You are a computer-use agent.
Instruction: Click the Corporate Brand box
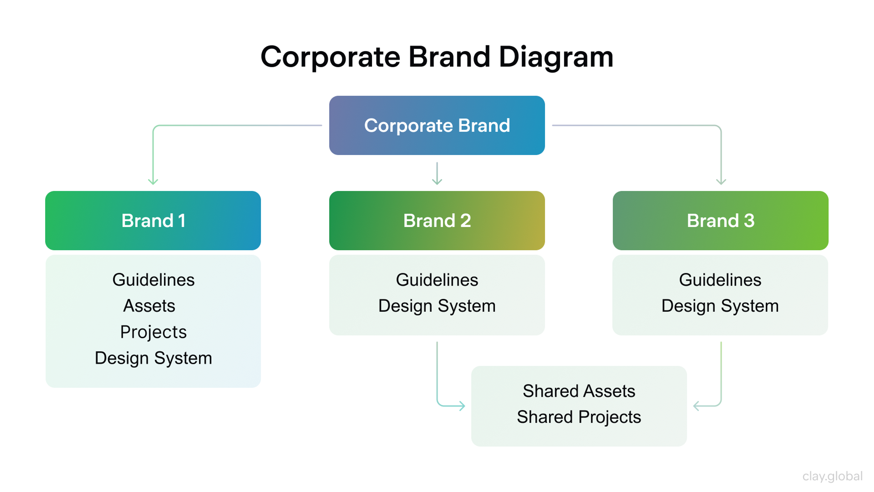(x=437, y=125)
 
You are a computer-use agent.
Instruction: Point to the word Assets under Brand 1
(x=149, y=306)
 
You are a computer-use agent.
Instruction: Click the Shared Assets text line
(x=579, y=391)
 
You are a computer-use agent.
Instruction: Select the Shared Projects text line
(x=579, y=417)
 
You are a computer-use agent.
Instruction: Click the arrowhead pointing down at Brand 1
(x=153, y=182)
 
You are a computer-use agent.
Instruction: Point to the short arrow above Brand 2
(x=437, y=174)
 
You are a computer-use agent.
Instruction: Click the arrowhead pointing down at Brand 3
(x=721, y=182)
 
